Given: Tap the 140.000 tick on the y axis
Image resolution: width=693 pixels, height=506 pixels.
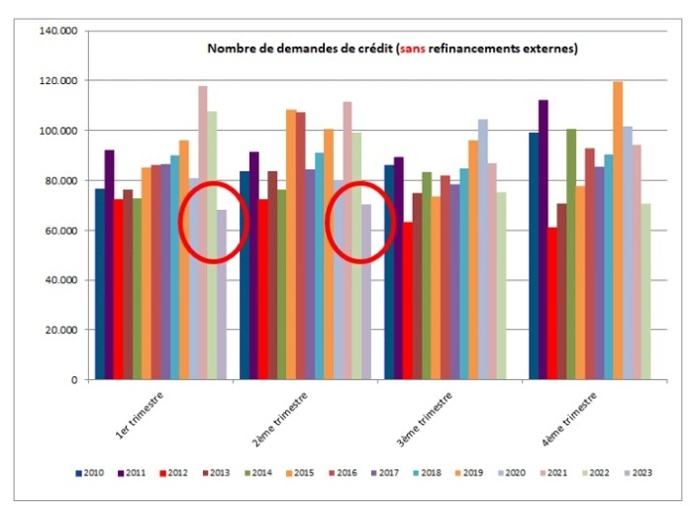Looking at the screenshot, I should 59,31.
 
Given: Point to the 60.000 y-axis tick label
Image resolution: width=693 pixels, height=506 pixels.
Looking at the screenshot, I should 61,231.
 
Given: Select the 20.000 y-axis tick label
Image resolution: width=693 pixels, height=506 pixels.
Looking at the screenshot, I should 61,330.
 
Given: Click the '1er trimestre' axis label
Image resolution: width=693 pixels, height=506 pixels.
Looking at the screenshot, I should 139,416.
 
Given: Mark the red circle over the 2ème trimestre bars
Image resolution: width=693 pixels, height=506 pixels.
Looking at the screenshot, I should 359,221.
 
